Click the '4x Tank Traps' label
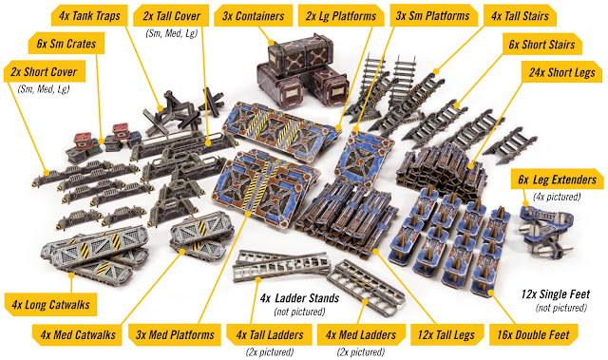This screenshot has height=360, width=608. pyautogui.click(x=89, y=16)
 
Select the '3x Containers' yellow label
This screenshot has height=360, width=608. pyautogui.click(x=254, y=16)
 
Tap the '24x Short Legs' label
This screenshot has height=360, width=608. pyautogui.click(x=561, y=72)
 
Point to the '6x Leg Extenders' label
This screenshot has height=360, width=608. pyautogui.click(x=557, y=180)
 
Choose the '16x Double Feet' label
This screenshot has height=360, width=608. pyautogui.click(x=533, y=334)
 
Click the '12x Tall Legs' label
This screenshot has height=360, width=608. pyautogui.click(x=446, y=334)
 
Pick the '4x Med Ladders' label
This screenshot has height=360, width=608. pyautogui.click(x=361, y=334)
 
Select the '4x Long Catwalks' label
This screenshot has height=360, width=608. pyautogui.click(x=50, y=305)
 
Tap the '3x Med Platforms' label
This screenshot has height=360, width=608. pyautogui.click(x=175, y=334)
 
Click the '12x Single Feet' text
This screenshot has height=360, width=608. pyautogui.click(x=556, y=294)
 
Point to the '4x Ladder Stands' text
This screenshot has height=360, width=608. pyautogui.click(x=299, y=298)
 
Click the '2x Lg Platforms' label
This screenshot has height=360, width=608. pyautogui.click(x=341, y=16)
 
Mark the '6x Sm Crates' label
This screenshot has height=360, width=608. pyautogui.click(x=66, y=44)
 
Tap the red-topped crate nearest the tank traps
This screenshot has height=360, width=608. pyautogui.click(x=121, y=130)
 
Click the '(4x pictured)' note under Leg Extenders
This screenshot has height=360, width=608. pyautogui.click(x=557, y=197)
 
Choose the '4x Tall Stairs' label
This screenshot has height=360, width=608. pyautogui.click(x=520, y=16)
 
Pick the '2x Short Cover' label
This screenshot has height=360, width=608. pyautogui.click(x=44, y=72)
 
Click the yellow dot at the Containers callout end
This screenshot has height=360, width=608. pyautogui.click(x=272, y=43)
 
